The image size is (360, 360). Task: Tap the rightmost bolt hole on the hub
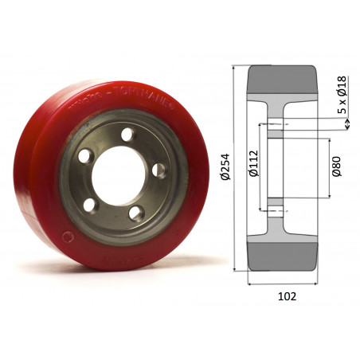pyautogui.click(x=158, y=169)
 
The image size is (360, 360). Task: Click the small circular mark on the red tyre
pyautogui.click(x=72, y=237)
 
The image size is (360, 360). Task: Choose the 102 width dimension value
pyautogui.click(x=287, y=295)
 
